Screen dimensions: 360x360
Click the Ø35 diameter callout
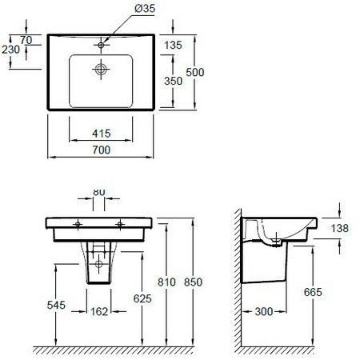click(x=145, y=8)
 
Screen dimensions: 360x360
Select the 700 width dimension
click(x=102, y=150)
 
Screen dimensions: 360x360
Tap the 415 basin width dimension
click(x=102, y=134)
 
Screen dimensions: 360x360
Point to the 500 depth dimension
click(x=195, y=72)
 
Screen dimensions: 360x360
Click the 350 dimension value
click(x=173, y=81)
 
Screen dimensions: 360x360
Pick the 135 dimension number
click(x=173, y=45)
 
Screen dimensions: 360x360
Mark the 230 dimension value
click(x=10, y=50)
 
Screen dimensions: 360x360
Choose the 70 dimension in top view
click(x=26, y=40)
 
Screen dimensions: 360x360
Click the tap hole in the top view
click(x=101, y=45)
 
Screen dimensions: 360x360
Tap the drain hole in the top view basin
click(x=101, y=70)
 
